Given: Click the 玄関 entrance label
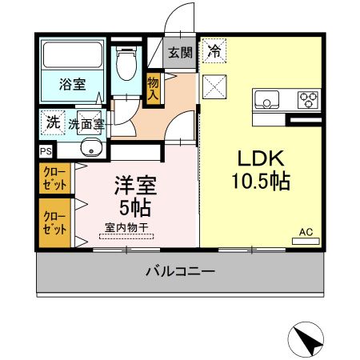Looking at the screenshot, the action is (180, 53).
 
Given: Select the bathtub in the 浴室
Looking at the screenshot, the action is (73, 55).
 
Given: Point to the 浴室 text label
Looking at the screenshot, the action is (72, 84).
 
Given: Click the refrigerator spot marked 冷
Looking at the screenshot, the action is (214, 51).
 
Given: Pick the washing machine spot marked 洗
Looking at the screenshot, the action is (53, 122).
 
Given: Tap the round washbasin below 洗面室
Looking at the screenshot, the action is (91, 148).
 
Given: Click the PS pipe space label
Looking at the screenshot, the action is (46, 151).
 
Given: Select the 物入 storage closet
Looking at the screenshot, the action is (153, 88).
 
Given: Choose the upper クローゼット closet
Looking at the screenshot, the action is (54, 178).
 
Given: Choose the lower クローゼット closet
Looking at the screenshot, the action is (54, 223).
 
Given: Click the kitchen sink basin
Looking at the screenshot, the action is (266, 100).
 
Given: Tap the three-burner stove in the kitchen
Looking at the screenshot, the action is (308, 99).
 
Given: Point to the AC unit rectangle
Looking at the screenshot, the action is (306, 241).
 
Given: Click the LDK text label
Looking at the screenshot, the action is (261, 158).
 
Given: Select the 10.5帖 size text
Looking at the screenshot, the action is (261, 181).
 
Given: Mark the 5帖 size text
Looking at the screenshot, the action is (135, 208).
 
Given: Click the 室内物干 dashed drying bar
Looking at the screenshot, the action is (126, 236).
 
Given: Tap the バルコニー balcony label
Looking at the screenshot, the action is (180, 271).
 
